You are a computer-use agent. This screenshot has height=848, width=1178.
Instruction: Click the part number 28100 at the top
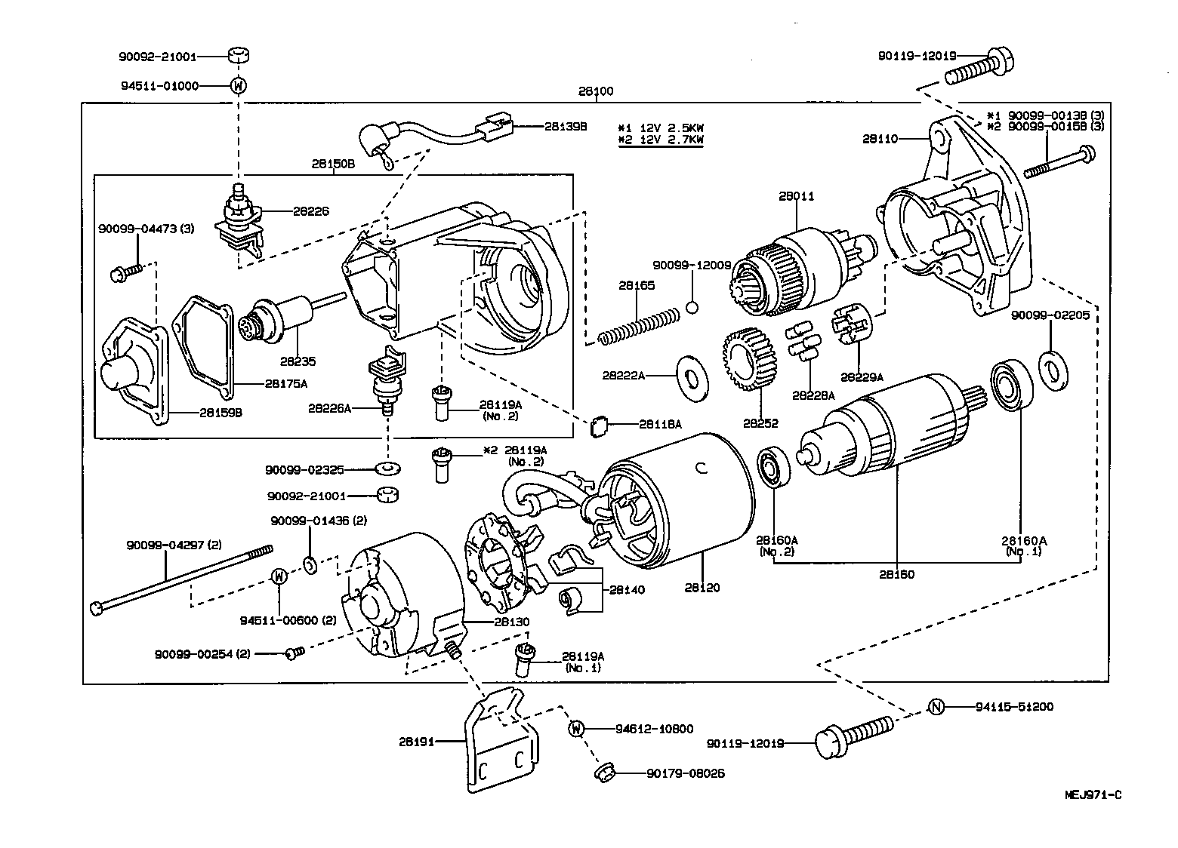point(597,91)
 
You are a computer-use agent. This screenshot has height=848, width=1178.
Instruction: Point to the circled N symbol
point(936,706)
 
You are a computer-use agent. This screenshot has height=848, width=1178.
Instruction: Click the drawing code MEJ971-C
point(1093,794)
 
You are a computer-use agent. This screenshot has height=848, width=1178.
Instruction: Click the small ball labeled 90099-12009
point(693,306)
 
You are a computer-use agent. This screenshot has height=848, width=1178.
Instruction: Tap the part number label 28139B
point(565,126)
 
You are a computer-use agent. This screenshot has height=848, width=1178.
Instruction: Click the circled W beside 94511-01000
point(238,85)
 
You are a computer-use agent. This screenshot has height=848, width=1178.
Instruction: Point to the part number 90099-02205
point(1051,315)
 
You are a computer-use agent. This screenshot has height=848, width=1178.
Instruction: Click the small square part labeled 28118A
point(599,427)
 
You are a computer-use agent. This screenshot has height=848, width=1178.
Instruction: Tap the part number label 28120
point(702,587)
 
